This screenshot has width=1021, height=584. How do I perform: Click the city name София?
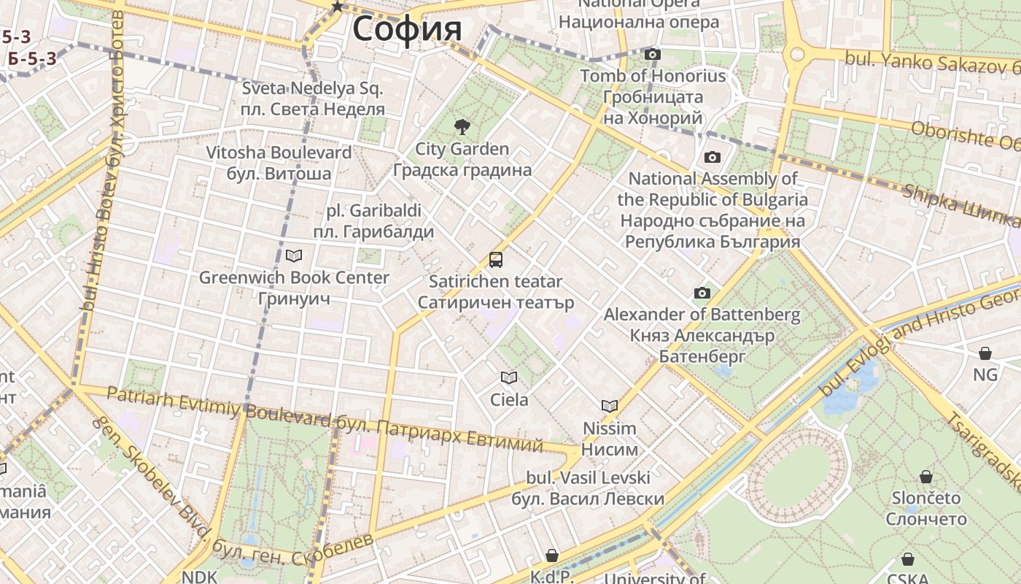[x=407, y=29]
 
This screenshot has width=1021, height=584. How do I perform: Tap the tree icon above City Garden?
[x=462, y=127]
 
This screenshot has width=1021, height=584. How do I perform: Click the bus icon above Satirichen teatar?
[x=496, y=259]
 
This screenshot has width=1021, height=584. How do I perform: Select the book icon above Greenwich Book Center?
[x=294, y=255]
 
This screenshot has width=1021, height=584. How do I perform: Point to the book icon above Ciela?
[x=508, y=377]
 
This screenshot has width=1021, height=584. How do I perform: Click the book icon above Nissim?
[x=610, y=406]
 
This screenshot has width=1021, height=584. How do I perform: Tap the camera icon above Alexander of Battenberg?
[x=702, y=293]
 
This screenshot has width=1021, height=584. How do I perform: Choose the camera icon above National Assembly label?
[x=713, y=157]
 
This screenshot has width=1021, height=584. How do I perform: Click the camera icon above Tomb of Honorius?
[x=653, y=54]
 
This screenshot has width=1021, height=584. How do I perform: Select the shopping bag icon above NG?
[x=985, y=353]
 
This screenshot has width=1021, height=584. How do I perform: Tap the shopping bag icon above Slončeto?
[x=926, y=477]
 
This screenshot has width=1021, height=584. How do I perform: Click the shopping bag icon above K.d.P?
[x=552, y=556]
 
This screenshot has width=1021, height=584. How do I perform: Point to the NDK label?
[x=199, y=577]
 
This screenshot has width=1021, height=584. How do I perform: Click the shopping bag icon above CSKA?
[x=908, y=560]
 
